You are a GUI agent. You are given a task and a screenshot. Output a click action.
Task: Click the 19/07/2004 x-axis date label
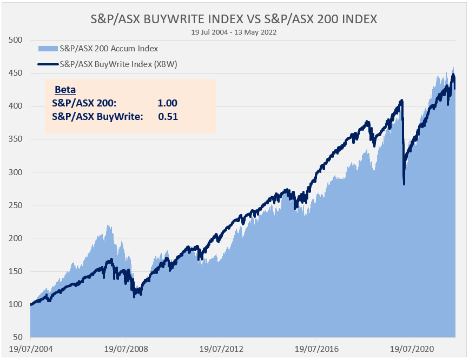click(30, 349)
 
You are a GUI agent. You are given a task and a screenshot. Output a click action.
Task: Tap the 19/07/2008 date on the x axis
click(125, 349)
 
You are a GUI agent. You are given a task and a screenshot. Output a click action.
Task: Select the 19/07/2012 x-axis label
click(221, 349)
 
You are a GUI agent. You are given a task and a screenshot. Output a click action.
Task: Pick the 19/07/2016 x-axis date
click(316, 349)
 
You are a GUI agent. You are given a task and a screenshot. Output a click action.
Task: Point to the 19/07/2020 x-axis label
click(412, 349)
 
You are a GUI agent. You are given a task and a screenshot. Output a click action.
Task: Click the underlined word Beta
click(65, 90)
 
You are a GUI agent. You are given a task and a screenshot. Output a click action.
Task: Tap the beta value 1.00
click(167, 103)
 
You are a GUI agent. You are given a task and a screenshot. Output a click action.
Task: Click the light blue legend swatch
click(48, 49)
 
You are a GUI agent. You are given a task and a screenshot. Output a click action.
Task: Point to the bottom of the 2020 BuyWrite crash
click(404, 184)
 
